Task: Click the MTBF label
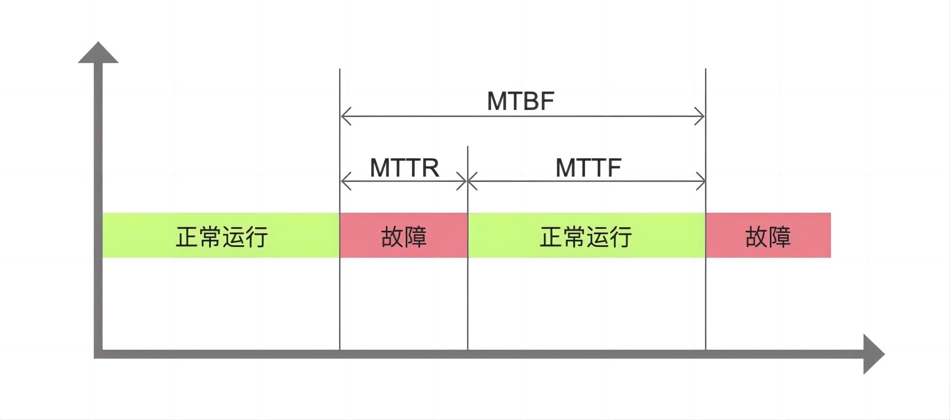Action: click(x=521, y=101)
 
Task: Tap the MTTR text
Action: click(x=404, y=168)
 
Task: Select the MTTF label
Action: click(x=588, y=168)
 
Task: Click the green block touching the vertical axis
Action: click(x=221, y=235)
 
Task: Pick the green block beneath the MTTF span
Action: click(x=586, y=235)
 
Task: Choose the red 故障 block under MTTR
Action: click(x=404, y=235)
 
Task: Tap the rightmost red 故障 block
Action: click(x=768, y=235)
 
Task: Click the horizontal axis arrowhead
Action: click(x=873, y=354)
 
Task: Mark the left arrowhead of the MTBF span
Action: click(x=344, y=116)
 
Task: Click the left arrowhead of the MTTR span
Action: click(x=344, y=181)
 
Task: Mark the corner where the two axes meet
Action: click(x=98, y=354)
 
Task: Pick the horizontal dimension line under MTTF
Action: click(x=586, y=181)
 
